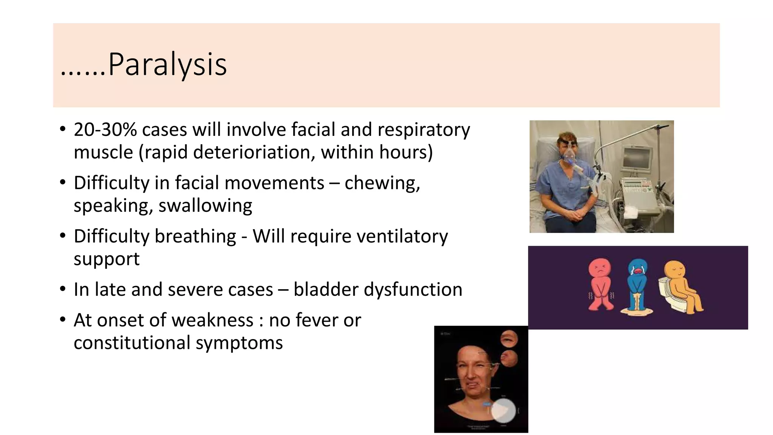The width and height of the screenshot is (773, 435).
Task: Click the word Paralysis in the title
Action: pos(167,65)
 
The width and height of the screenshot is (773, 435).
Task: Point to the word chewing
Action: pos(382,183)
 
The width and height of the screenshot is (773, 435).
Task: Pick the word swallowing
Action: pos(205,206)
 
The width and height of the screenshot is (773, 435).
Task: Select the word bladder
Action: pos(326,290)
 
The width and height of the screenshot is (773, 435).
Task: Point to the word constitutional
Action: pos(132,343)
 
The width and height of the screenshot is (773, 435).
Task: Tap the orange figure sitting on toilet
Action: pos(683,287)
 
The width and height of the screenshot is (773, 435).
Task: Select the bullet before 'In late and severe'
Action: pos(63,290)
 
